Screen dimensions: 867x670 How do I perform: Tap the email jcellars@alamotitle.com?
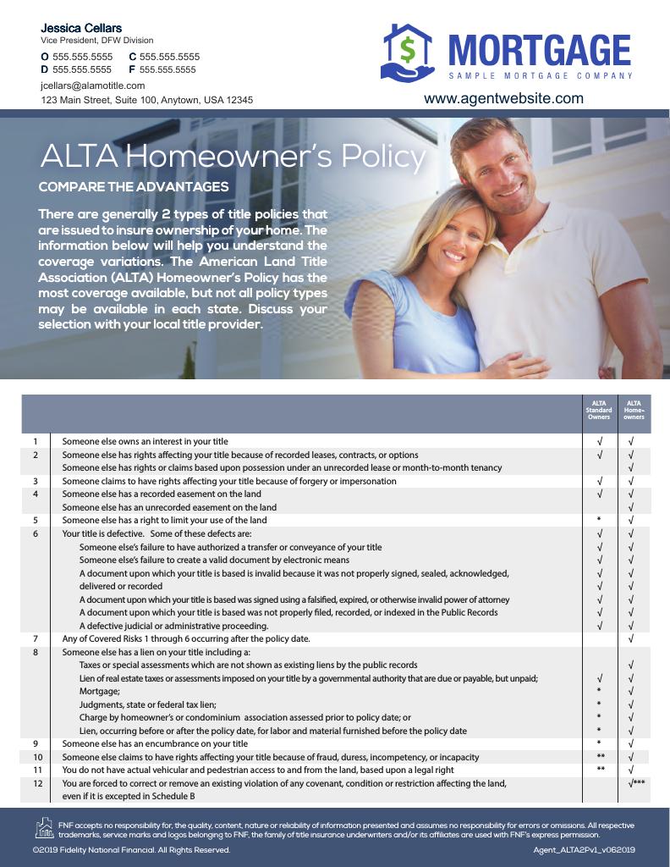(93, 86)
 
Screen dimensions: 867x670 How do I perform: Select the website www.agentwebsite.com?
(503, 98)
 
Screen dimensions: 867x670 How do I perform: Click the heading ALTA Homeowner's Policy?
(233, 157)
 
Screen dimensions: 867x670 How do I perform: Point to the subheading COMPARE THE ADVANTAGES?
(134, 186)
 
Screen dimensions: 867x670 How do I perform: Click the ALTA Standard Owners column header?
(599, 411)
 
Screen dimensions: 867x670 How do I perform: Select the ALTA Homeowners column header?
(634, 411)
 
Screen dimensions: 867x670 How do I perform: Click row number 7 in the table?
(36, 638)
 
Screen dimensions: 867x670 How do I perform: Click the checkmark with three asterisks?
(637, 783)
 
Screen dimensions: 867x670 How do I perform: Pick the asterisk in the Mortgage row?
(599, 692)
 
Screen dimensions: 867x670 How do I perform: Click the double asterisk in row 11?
(600, 770)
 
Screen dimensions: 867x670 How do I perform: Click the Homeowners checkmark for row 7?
(632, 638)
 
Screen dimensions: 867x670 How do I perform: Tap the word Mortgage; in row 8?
(100, 692)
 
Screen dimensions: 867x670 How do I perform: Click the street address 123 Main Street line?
(147, 100)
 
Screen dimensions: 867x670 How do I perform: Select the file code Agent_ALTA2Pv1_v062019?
(585, 850)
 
